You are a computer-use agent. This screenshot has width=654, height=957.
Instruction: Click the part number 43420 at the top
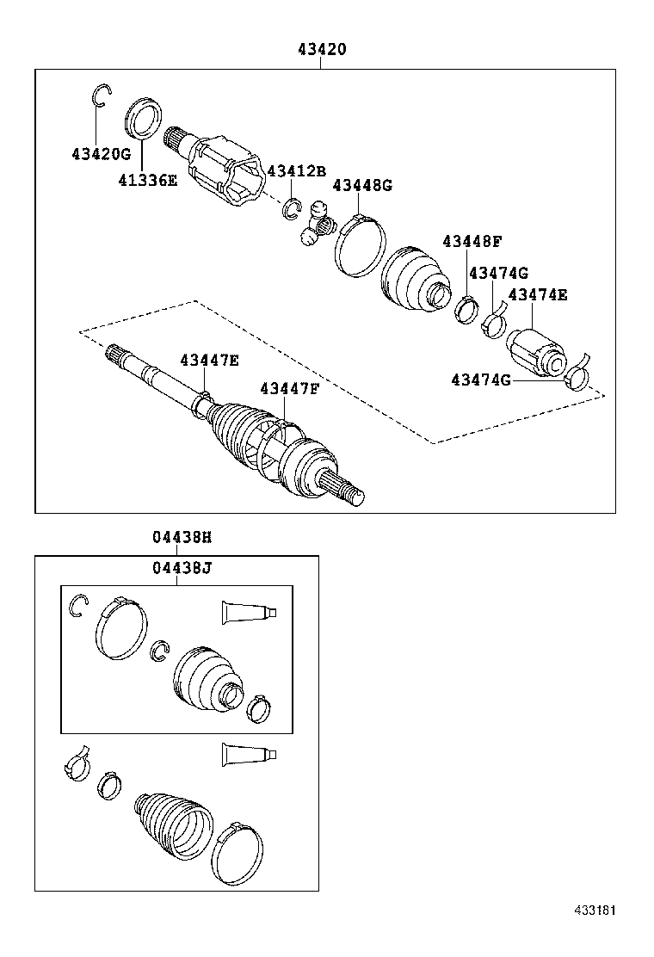(323, 50)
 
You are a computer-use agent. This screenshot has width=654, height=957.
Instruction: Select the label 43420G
(101, 154)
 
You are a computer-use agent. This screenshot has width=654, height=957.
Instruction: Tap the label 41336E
(147, 180)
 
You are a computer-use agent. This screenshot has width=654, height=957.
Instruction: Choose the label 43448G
(361, 185)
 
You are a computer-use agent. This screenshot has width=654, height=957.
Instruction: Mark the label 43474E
(538, 294)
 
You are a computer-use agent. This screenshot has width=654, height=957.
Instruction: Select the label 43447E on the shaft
(209, 360)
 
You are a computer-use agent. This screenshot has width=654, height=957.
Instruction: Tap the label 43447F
(289, 389)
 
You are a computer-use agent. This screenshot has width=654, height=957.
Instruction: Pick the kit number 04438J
(182, 567)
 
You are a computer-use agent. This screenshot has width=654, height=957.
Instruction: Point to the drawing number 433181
(595, 910)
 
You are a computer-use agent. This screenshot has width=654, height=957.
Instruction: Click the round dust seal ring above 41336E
(145, 119)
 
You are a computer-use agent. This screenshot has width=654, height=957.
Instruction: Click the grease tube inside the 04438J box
(249, 612)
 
